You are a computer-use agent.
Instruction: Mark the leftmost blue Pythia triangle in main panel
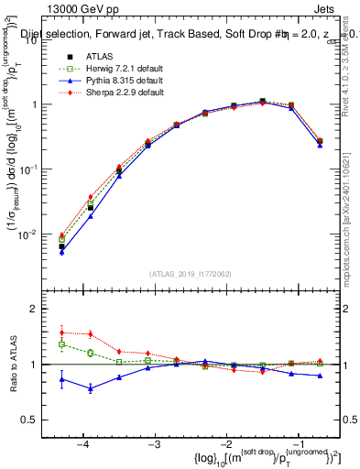click(x=61, y=251)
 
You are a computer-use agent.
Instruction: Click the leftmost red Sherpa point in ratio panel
click(x=61, y=333)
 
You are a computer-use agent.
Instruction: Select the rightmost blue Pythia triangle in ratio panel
click(x=320, y=376)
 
